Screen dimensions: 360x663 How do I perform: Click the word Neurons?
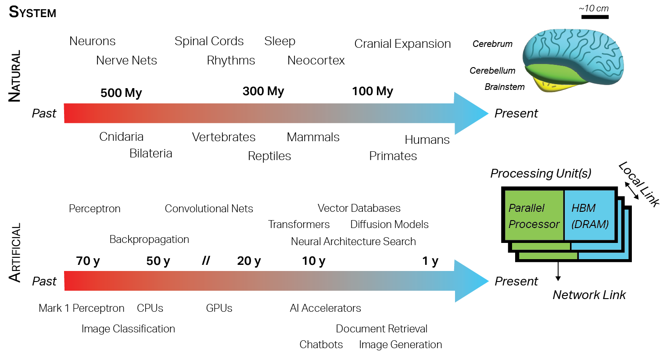(x=93, y=41)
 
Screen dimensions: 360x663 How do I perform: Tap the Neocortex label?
(x=316, y=61)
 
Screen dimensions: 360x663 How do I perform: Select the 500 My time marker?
(x=121, y=93)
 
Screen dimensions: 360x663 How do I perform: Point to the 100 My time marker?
(x=372, y=91)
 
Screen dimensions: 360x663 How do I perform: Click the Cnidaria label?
(x=121, y=137)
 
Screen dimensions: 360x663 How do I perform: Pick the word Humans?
(x=427, y=140)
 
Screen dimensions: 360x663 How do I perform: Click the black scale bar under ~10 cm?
(x=595, y=17)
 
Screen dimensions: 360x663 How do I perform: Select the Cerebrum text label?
(x=492, y=44)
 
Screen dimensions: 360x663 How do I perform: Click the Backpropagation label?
(x=149, y=239)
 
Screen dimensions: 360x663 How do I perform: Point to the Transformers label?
(x=299, y=225)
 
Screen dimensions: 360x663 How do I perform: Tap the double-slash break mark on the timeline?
(x=206, y=261)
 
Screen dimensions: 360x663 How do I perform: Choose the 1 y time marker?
(x=430, y=261)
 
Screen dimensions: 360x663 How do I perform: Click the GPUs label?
(x=219, y=308)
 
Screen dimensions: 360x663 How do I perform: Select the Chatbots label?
(x=321, y=345)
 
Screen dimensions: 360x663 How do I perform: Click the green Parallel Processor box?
(x=534, y=216)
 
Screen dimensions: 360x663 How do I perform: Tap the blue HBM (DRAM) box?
(x=589, y=216)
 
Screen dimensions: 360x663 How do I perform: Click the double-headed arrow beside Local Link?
(x=632, y=192)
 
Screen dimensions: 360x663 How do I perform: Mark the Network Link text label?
(x=589, y=295)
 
